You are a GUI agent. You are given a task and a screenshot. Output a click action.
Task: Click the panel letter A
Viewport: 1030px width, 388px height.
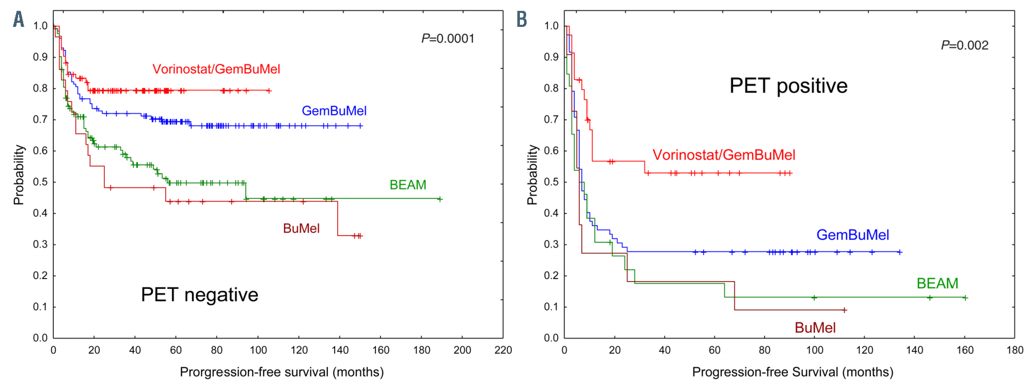pos(19,20)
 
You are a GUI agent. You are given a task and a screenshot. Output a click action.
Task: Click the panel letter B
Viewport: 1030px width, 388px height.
pos(522,20)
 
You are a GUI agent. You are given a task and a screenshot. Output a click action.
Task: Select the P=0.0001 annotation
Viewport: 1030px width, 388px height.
pos(448,39)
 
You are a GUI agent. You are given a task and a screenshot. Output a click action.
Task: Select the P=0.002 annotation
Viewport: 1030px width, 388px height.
pos(964,45)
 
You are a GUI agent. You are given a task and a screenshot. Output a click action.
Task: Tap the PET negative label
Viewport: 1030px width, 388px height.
pos(199,294)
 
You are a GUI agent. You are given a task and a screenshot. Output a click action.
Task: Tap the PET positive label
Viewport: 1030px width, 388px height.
pos(788,86)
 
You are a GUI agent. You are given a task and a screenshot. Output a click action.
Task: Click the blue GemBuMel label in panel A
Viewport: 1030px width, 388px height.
pos(334,111)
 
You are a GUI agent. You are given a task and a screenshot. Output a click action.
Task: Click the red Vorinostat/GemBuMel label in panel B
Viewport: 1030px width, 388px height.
pos(724,155)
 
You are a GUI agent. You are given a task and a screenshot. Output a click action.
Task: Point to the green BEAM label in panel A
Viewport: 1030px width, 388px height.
pos(408,185)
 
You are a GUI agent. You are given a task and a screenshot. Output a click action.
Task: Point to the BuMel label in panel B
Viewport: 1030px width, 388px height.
pos(815,328)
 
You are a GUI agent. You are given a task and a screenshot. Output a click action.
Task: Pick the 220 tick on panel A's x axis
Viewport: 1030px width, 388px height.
pos(503,350)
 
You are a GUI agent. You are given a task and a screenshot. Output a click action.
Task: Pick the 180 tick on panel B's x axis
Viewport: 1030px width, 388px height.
pos(1015,350)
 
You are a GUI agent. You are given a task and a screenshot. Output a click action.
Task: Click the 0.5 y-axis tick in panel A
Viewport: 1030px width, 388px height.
pos(40,182)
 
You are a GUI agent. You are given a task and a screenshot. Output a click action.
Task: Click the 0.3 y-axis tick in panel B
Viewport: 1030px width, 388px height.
pos(551,245)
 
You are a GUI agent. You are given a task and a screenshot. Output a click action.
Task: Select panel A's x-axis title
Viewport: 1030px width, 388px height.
pos(281,372)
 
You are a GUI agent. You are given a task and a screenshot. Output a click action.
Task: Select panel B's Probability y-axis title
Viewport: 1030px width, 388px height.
pos(532,175)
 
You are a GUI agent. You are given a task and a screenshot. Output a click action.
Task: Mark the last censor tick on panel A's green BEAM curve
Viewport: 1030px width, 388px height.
pos(440,199)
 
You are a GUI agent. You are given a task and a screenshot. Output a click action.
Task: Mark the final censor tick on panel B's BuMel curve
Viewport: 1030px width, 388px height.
pos(844,310)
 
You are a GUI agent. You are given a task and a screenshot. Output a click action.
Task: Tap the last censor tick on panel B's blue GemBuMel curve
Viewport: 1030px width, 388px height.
pos(900,252)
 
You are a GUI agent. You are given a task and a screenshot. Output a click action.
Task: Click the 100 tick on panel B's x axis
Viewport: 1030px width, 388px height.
pos(815,350)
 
